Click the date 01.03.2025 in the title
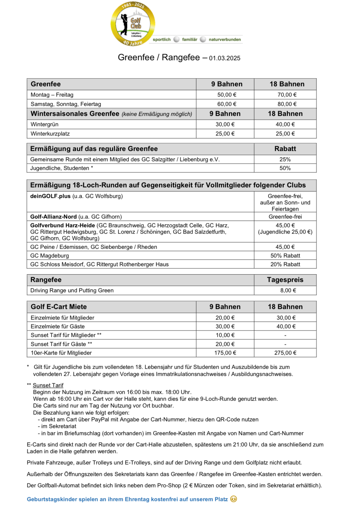coord(225,58)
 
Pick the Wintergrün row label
coord(44,124)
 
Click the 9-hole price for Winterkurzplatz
coord(225,134)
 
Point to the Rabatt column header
coord(285,149)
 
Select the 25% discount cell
coord(285,159)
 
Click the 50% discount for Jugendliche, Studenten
coord(285,168)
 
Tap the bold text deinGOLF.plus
coord(50,196)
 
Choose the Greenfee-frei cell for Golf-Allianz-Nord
coord(285,217)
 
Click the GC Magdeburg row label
coord(50,256)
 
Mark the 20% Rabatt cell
coord(285,264)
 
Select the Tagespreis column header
coord(285,280)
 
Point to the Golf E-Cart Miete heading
coord(59,307)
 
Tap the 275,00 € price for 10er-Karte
coord(285,353)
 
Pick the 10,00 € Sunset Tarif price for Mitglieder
coord(225,335)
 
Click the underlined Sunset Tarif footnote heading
coord(48,385)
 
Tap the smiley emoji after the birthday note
coord(234,499)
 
